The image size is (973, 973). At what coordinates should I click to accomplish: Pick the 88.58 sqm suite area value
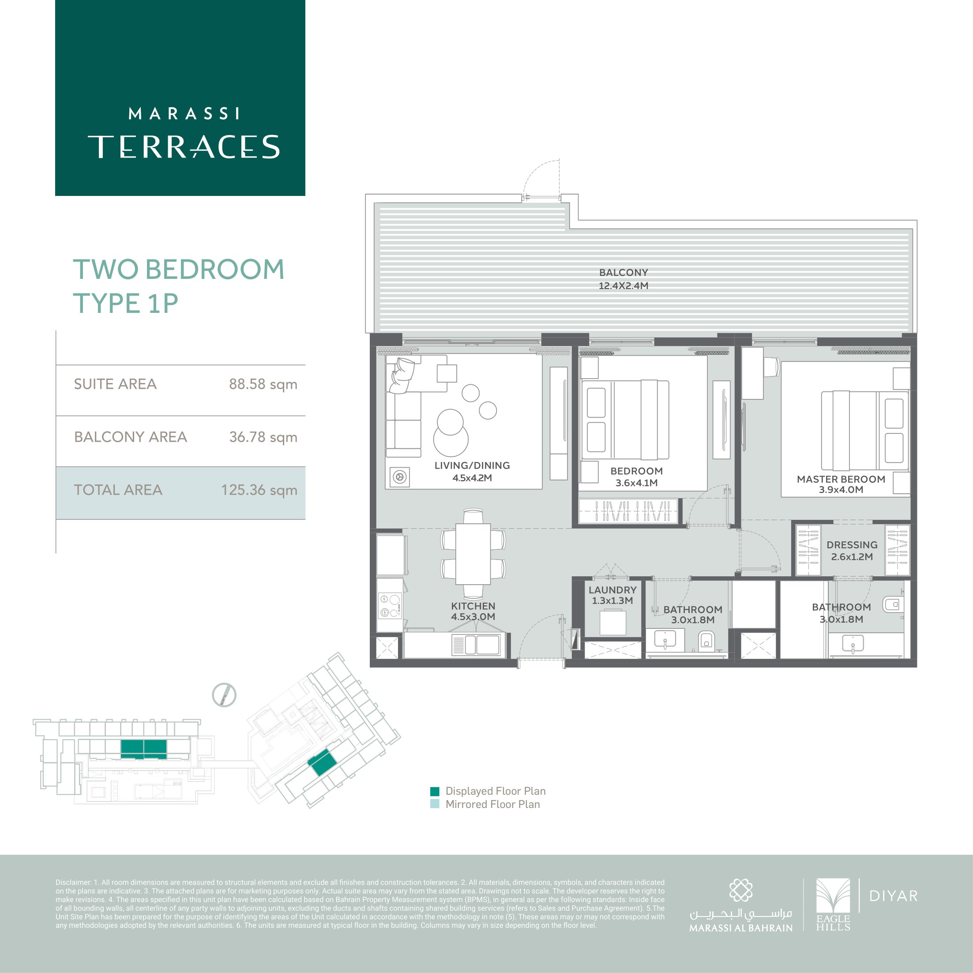263,384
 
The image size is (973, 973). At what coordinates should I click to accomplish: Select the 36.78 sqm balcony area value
263,437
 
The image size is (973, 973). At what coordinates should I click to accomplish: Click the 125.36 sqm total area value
259,490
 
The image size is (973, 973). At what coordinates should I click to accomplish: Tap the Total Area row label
118,490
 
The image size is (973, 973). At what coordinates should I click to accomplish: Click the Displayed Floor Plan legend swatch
435,791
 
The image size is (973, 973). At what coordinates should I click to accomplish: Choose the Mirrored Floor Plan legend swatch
435,804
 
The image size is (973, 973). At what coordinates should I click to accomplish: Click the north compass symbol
224,695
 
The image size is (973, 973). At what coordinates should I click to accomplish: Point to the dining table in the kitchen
473,554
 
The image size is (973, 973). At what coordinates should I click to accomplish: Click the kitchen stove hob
390,606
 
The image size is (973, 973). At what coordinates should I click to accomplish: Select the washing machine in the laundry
613,623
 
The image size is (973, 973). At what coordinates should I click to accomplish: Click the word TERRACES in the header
184,147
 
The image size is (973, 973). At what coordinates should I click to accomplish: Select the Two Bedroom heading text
179,270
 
